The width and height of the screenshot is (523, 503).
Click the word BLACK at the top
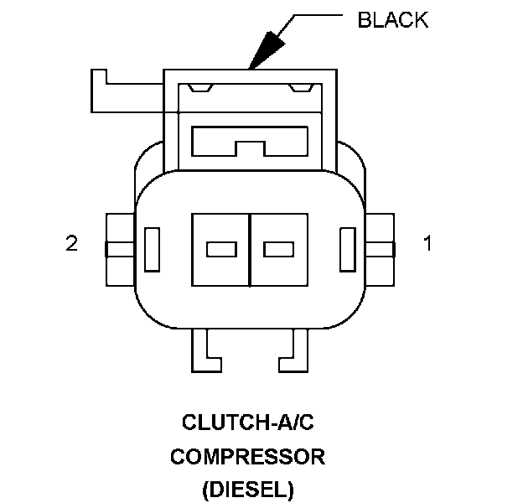coord(392,20)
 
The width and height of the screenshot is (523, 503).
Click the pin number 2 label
coord(72,244)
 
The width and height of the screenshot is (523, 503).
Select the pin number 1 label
coord(427,244)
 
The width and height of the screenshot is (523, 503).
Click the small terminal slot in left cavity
coord(220,249)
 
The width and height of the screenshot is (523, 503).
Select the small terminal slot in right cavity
coord(278,249)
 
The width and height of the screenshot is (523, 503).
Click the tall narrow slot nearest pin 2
coord(153,249)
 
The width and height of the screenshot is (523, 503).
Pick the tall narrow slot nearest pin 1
coord(348,249)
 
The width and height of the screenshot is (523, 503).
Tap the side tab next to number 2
coord(119,248)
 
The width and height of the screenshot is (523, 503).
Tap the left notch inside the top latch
coord(200,86)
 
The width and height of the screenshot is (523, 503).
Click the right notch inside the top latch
coord(299,86)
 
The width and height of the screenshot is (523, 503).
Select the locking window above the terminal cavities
coord(250,139)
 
